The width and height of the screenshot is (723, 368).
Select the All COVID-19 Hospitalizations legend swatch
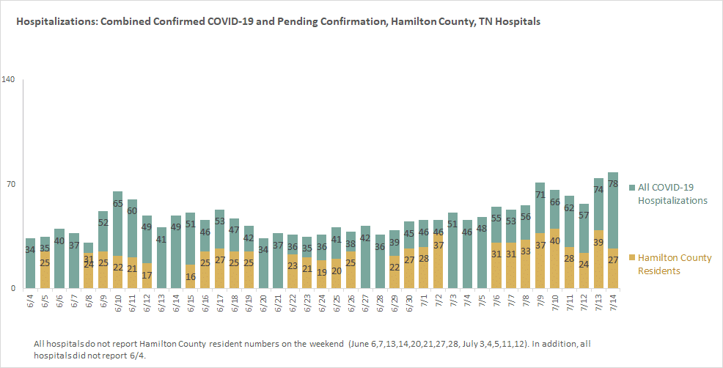(x=631, y=188)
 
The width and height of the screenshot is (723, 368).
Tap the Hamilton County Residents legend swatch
(x=631, y=258)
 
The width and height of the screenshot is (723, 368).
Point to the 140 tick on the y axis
(x=9, y=80)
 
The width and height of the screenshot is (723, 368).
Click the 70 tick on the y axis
(x=10, y=185)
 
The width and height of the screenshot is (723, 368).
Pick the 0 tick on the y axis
(x=12, y=289)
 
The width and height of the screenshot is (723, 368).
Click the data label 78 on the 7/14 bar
(x=613, y=183)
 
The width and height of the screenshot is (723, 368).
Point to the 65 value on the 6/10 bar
(x=117, y=203)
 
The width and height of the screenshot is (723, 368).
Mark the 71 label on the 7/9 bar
(x=540, y=194)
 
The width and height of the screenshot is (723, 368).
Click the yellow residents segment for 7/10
(x=554, y=260)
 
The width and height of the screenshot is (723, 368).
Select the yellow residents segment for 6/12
(x=147, y=276)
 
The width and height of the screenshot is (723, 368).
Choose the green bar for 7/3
(x=453, y=251)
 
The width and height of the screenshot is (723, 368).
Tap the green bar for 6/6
(x=59, y=260)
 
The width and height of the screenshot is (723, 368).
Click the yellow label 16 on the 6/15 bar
(x=191, y=276)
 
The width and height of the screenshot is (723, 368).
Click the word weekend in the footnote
(x=326, y=344)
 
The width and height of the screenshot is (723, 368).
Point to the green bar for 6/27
(x=365, y=258)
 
